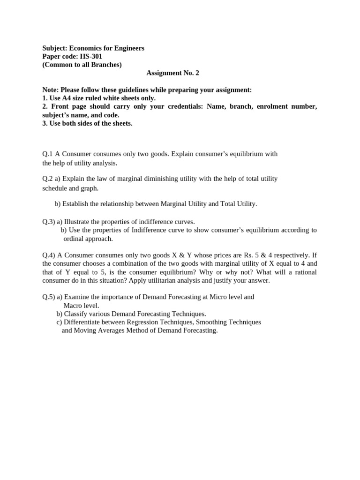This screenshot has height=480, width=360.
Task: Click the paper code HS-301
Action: (91, 56)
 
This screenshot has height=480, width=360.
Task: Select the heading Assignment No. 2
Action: (173, 73)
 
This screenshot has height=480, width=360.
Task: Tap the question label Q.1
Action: (48, 154)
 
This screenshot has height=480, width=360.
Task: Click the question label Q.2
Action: (48, 179)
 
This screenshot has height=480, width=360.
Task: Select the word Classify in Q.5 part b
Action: (75, 314)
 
